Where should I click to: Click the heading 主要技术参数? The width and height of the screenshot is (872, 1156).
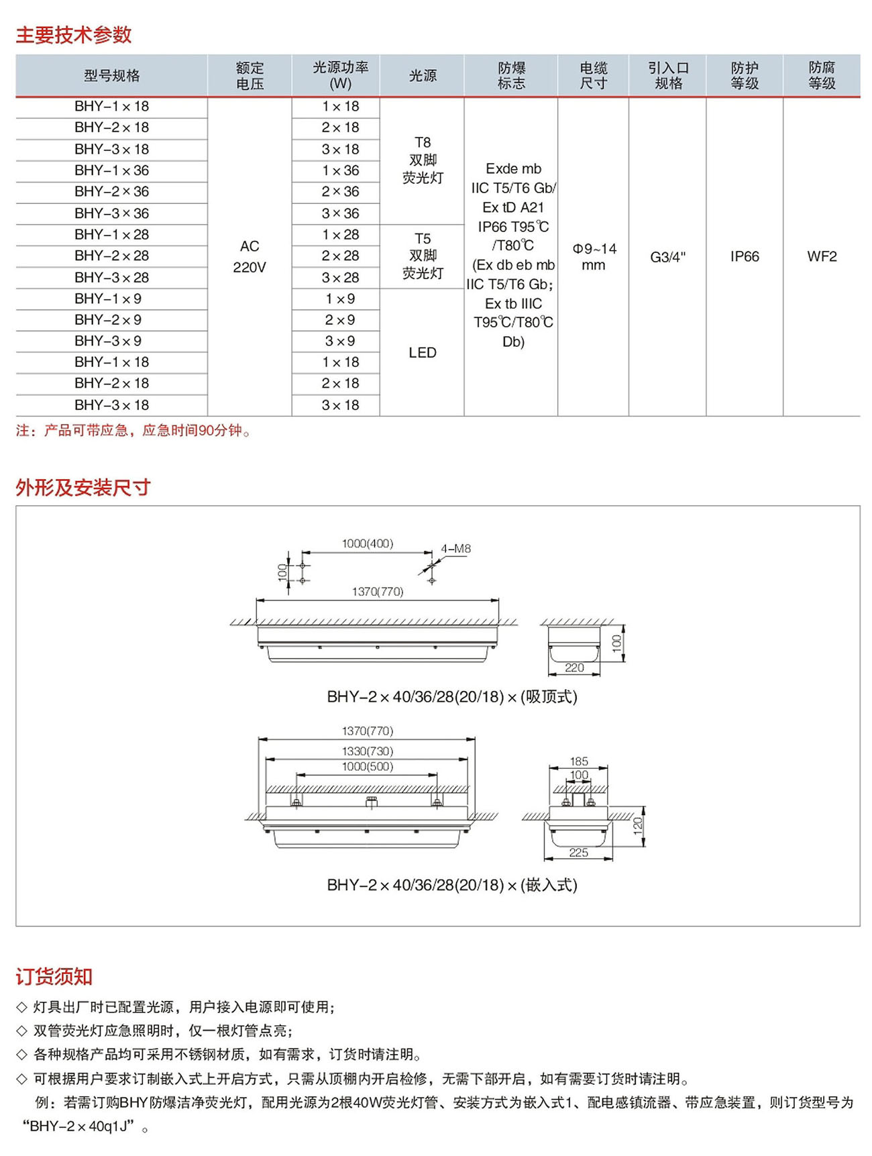point(74,35)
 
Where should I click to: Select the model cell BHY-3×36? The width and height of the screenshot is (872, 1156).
point(111,213)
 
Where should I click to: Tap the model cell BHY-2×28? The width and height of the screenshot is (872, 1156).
point(111,256)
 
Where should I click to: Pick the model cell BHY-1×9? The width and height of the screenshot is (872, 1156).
point(108,299)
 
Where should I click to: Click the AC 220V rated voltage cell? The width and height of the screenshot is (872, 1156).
point(250,256)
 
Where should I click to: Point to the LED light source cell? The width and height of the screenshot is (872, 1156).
point(422,353)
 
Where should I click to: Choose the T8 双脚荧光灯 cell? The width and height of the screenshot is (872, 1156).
point(423,160)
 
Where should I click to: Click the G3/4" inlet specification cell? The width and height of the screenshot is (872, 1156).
point(667,257)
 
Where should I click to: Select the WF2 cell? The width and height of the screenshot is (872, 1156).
point(822,256)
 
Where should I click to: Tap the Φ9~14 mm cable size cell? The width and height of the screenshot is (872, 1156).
point(594,256)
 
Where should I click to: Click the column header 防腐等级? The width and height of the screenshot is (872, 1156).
point(822,75)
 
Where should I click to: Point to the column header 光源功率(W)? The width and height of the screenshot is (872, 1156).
point(340,75)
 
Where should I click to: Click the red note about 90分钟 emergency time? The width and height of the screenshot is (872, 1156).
point(134,431)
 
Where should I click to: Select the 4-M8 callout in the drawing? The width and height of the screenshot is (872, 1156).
point(455,549)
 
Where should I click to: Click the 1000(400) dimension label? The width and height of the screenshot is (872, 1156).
point(368,543)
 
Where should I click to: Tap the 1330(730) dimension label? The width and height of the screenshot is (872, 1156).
point(368,751)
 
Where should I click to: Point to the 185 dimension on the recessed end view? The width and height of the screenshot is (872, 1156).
point(578,761)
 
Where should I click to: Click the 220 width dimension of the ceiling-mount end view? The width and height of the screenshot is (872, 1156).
point(574,668)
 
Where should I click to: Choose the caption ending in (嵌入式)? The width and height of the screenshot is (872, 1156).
point(451,885)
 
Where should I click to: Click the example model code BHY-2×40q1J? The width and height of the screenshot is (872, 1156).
point(81,1126)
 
